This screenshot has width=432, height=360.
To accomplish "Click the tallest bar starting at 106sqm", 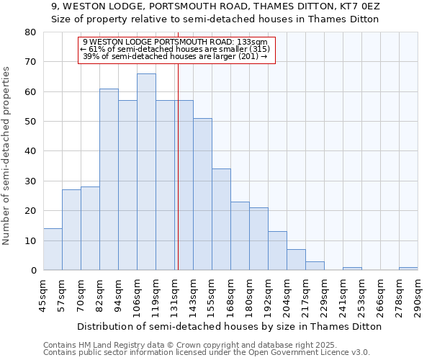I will [x=146, y=172].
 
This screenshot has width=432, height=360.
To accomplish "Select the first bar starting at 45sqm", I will [x=53, y=249].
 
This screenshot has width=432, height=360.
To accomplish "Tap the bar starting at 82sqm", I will [x=109, y=179].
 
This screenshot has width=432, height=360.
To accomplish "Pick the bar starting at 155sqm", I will [x=221, y=220].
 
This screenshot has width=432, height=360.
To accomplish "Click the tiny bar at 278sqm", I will [x=408, y=269].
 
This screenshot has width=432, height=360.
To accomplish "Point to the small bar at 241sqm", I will [x=352, y=269].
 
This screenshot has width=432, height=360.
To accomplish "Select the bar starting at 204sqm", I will [x=296, y=260].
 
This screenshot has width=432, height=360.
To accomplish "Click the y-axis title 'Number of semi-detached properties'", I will [x=6, y=155].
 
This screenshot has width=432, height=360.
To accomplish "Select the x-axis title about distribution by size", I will [x=230, y=326].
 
